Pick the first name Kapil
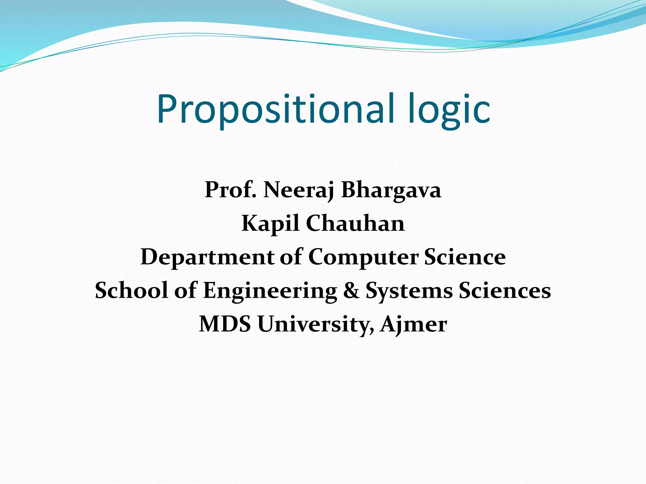[x=270, y=223]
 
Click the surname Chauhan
[x=355, y=223]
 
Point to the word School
[x=132, y=290]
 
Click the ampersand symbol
[x=351, y=290]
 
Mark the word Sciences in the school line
[x=505, y=290]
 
